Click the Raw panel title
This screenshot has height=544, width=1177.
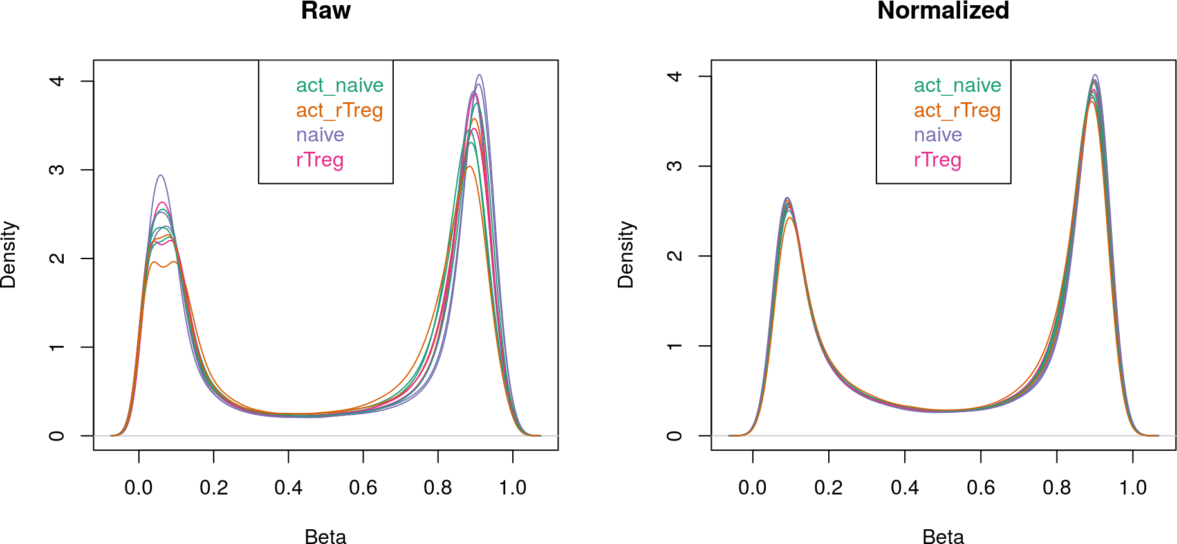pos(326,11)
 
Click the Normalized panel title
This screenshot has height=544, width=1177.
pos(943,11)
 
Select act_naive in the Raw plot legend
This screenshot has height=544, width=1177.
pos(340,86)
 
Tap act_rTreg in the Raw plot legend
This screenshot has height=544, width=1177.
pos(339,111)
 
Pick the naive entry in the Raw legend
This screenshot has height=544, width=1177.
pos(320,135)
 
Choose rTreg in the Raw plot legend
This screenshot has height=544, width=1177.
pos(320,160)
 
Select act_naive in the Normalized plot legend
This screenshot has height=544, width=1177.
pos(958,86)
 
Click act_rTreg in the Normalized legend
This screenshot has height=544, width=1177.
pos(957,111)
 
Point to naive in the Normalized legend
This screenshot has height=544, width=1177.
pos(938,135)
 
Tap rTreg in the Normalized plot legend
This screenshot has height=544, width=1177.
pos(938,160)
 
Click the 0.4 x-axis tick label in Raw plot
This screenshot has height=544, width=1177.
pos(288,488)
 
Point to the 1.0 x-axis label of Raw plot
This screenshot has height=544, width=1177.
pos(512,488)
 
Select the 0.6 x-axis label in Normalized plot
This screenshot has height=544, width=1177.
pos(981,488)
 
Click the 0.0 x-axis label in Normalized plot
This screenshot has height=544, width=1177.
pos(752,488)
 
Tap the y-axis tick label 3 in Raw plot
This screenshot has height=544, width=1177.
pos(57,170)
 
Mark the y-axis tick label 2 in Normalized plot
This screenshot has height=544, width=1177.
pos(674,256)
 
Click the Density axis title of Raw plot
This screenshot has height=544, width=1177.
pos(9,255)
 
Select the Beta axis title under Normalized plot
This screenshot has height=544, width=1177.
pos(943,536)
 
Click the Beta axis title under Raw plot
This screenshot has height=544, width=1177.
pos(326,536)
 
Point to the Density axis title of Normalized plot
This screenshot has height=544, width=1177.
pos(626,255)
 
